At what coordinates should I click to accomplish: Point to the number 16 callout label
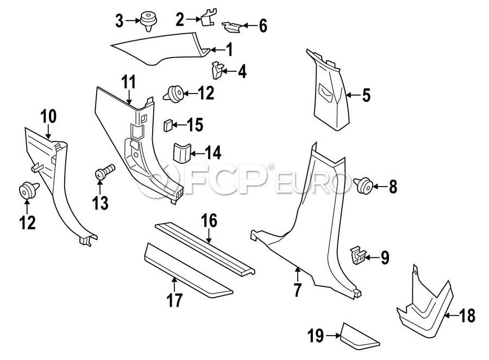point(209,221)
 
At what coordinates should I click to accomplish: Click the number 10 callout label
point(48,116)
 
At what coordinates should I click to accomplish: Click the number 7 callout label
point(297,290)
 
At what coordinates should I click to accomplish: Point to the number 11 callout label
point(128,83)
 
